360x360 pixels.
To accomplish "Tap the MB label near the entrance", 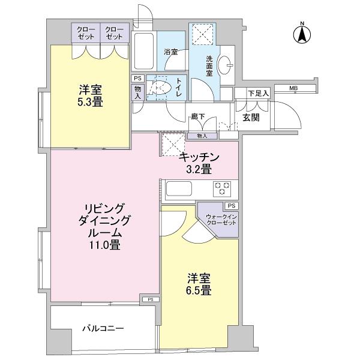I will [x=293, y=89].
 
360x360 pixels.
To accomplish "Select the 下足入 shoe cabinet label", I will [x=259, y=93].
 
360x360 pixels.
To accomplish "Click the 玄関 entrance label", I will [x=251, y=118].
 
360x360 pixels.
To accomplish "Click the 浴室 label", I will [x=172, y=52].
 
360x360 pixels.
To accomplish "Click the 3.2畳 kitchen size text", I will [x=198, y=170].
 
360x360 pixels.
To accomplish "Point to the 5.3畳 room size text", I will [x=90, y=103].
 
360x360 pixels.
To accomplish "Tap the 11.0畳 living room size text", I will [x=105, y=244].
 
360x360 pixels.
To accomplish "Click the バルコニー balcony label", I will [x=103, y=329].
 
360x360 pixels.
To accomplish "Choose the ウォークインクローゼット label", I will [x=221, y=219].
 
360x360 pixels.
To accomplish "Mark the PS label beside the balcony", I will [x=150, y=299].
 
